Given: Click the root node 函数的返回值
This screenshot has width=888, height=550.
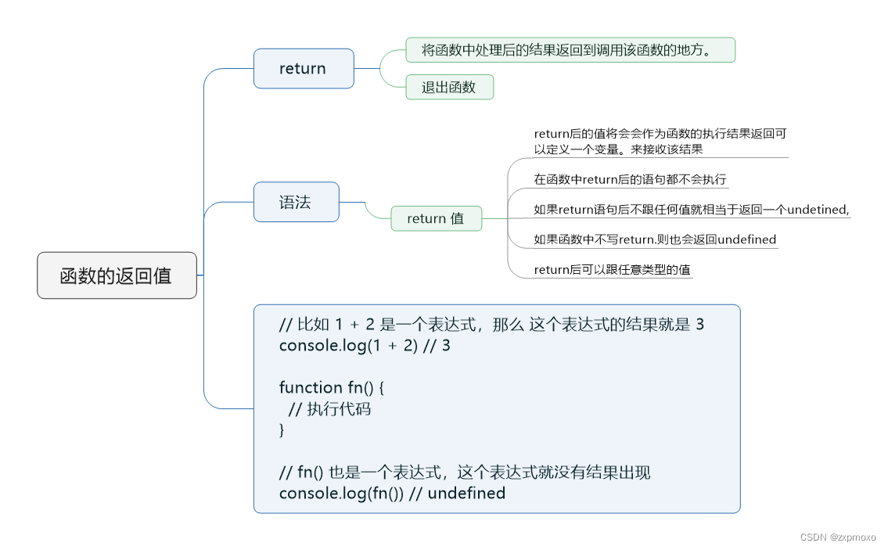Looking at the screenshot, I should click(117, 275).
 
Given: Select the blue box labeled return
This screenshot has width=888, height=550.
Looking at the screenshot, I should click(304, 69).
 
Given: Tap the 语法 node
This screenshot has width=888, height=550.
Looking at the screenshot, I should click(296, 202).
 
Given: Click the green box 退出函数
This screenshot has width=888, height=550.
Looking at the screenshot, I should click(449, 87).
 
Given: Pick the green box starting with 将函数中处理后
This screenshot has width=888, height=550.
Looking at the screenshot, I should click(570, 50).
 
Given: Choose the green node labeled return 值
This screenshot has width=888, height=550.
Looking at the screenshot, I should click(436, 219).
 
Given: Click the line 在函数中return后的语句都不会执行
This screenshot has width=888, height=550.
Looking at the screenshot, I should click(630, 179).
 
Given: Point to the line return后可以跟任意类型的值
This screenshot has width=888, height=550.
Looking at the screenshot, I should click(612, 270).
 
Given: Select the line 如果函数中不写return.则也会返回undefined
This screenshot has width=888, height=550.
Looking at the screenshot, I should click(655, 239).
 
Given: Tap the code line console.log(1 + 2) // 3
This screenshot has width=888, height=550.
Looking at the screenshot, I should click(365, 345).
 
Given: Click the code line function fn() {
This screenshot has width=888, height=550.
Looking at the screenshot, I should click(333, 387).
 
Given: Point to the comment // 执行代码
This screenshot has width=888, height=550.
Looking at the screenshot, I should click(329, 408).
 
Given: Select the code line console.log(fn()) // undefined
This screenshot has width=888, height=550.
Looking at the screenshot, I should click(392, 494).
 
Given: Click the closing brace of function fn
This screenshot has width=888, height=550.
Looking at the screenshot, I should click(282, 430).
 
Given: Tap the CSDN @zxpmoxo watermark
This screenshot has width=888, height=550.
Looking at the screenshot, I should click(838, 537).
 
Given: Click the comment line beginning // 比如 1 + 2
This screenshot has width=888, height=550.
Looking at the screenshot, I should click(491, 324).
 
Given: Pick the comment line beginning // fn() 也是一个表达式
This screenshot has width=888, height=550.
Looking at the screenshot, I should click(465, 473).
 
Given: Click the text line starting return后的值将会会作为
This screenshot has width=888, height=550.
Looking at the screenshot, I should click(665, 134).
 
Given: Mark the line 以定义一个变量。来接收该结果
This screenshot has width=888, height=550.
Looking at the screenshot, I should click(618, 149).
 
